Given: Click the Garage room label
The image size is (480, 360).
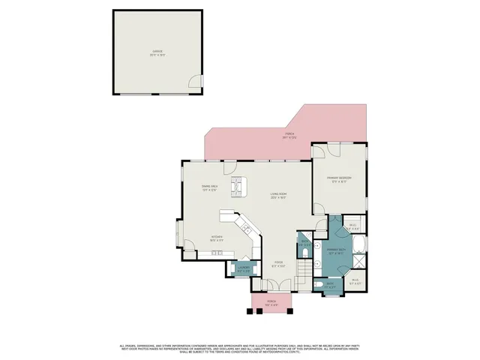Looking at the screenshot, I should coord(157,52).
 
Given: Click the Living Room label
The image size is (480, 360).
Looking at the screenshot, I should coord(279,196).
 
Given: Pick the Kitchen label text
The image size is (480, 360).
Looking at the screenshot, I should coord(217,238).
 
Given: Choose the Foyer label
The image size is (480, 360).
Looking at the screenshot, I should coord(277,265).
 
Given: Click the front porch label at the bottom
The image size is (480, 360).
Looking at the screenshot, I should coord(271,304).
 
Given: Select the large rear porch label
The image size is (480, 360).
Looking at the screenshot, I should coord(289,136).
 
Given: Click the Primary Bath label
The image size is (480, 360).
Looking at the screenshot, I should coord(336,251).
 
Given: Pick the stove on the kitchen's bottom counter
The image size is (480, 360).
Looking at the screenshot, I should coord(217,253).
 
